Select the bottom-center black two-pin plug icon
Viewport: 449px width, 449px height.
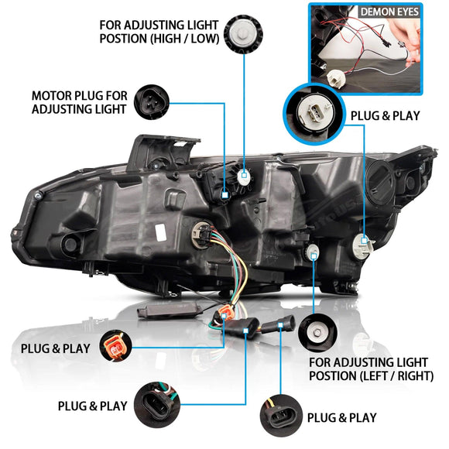(159, 405)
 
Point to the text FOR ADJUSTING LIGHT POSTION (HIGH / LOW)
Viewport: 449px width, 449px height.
(159, 31)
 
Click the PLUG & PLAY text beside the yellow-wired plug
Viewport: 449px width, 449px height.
(341, 417)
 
